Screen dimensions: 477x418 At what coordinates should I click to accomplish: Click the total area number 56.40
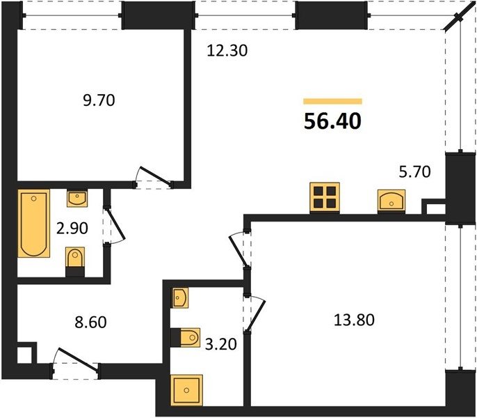pos(333,121)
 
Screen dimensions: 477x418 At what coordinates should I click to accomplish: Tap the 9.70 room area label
pos(99,100)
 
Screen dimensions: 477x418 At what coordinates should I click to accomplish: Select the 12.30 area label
pos(227,50)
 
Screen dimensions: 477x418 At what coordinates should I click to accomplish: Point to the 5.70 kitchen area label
pos(414,171)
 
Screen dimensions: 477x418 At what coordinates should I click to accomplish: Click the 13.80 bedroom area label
pos(354,320)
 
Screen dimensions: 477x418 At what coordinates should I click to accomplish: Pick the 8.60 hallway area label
pos(90,323)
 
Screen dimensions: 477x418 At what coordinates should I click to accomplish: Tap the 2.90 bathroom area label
pos(72,228)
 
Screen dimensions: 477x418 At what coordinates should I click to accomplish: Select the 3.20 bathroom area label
pos(221,344)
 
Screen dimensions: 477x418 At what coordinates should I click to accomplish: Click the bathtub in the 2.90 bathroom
pos(33,224)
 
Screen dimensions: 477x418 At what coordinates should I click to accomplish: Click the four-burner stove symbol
pos(325,198)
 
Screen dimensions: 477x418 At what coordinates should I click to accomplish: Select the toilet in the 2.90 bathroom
pos(75,261)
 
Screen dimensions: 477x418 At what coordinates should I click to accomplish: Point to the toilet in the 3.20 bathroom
pos(185,337)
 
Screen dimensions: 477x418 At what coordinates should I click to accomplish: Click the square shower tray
pos(186,390)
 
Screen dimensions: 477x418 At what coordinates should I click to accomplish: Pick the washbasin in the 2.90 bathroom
pos(77,198)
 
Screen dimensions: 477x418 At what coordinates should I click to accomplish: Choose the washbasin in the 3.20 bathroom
pos(179,297)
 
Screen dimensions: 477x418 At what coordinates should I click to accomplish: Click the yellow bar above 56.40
pos(332,101)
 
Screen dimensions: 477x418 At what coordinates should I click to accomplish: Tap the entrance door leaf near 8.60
pos(79,359)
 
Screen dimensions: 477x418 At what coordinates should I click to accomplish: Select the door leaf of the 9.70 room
pos(156,176)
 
